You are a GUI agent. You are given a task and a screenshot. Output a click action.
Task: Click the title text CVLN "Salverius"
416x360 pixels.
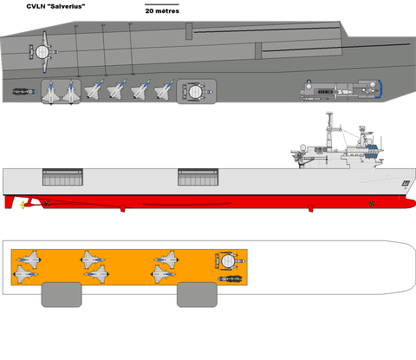[x=55, y=6]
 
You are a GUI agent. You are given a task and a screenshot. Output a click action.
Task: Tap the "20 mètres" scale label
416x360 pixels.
[x=162, y=11]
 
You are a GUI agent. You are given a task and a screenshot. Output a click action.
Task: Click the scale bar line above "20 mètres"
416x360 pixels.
[x=162, y=4]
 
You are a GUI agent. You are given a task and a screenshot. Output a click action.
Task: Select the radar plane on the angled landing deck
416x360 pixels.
[x=44, y=52]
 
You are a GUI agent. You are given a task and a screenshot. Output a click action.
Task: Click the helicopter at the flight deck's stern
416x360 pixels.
[x=24, y=92]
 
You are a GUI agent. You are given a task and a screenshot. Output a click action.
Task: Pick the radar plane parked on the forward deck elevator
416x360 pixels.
[x=198, y=92]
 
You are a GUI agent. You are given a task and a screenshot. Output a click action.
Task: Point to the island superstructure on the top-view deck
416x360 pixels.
[x=341, y=89]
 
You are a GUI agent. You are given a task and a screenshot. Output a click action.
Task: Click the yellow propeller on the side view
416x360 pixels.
[x=23, y=205]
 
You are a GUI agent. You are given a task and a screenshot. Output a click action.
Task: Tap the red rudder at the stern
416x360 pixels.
[x=9, y=202]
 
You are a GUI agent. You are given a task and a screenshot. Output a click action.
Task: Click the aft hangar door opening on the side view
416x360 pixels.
[x=62, y=177]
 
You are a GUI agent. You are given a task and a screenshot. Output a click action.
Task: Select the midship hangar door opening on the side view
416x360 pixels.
[x=198, y=177]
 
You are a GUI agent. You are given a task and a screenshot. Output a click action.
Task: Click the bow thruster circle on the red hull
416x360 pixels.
[x=372, y=204]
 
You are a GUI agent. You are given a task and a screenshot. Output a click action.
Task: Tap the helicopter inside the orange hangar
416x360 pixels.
[x=231, y=279]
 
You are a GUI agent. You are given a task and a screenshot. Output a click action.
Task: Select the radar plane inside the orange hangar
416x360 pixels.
[x=230, y=261]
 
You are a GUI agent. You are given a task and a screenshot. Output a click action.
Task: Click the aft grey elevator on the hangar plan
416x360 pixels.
[x=62, y=295]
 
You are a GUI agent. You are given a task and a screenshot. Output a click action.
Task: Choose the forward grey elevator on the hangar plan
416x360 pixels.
[x=197, y=295]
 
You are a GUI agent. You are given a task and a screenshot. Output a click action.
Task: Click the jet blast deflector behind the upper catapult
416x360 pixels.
[x=189, y=31]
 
